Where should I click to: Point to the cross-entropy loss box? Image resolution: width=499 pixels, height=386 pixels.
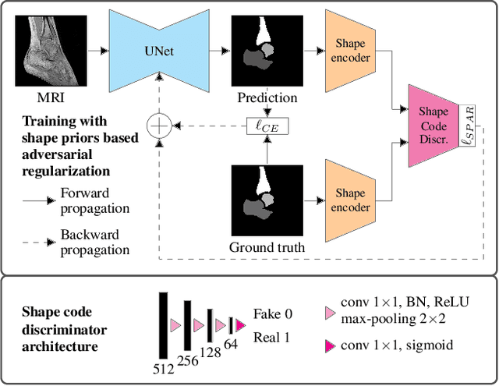267,126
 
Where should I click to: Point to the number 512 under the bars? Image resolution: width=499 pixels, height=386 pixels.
164,366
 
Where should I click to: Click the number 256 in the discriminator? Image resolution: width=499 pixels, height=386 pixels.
188,360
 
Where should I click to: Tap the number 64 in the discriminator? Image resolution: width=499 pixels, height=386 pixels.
232,344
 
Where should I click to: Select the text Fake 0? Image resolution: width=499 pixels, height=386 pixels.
272,314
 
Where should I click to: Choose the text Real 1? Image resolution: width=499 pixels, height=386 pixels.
272,337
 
